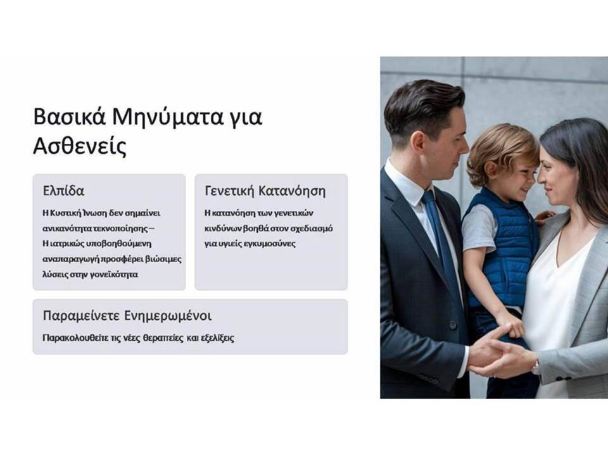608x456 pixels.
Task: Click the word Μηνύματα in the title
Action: [x=167, y=117]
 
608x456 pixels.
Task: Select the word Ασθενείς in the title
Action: [x=80, y=147]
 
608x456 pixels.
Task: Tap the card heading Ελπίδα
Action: [x=63, y=191]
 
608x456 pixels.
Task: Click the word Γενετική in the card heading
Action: [x=229, y=191]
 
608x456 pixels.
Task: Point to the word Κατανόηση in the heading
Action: [x=292, y=191]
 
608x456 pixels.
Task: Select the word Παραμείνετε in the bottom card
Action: [x=81, y=316]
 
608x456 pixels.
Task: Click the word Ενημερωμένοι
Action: [x=168, y=316]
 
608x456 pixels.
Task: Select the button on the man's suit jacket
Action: [x=452, y=325]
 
